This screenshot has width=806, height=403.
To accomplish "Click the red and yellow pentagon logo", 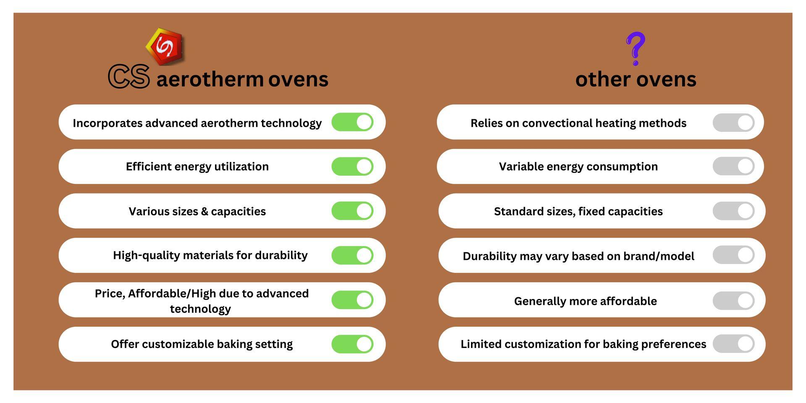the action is (165, 46).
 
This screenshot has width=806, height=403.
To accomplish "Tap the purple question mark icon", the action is (635, 49).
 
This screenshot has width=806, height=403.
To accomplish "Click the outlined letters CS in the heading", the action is (129, 76).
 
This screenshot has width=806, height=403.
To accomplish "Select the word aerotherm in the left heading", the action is (210, 79).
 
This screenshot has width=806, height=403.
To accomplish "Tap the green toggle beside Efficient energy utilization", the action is (352, 167).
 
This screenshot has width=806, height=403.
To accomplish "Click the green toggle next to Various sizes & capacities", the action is (352, 211).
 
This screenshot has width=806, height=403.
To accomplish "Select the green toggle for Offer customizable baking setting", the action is (352, 344).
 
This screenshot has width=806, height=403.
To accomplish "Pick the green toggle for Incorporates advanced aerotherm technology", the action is (352, 122).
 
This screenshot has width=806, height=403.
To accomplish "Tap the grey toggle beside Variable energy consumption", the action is (733, 166).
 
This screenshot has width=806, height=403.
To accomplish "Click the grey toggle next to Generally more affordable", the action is (733, 301).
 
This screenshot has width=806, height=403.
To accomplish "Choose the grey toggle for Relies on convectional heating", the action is (733, 122).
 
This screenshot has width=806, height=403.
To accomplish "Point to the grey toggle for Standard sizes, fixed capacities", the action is (733, 211).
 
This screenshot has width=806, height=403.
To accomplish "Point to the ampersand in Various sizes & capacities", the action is (204, 212).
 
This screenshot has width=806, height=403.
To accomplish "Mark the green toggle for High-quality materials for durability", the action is (352, 255).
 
